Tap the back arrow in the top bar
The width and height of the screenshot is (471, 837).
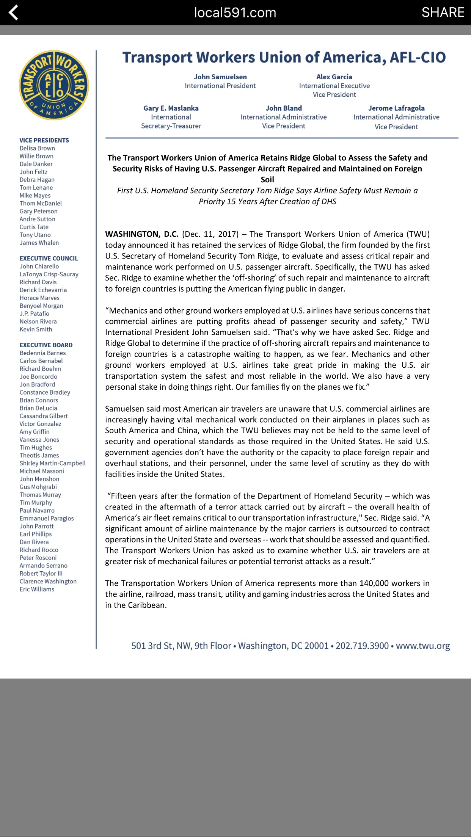pyautogui.click(x=14, y=13)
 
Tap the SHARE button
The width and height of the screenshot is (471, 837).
pyautogui.click(x=443, y=13)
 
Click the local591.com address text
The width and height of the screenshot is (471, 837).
pyautogui.click(x=235, y=13)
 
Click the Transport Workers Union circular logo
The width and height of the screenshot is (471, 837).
pyautogui.click(x=54, y=85)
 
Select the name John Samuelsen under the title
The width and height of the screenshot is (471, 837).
pyautogui.click(x=220, y=77)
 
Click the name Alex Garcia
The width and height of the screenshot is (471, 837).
pyautogui.click(x=334, y=77)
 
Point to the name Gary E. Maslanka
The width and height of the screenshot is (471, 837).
pyautogui.click(x=171, y=108)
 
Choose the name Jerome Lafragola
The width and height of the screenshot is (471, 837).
pyautogui.click(x=396, y=108)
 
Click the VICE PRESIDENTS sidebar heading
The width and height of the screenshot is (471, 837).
pyautogui.click(x=44, y=140)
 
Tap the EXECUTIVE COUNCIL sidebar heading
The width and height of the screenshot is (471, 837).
pyautogui.click(x=49, y=259)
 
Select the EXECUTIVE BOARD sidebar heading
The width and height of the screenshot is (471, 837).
pyautogui.click(x=46, y=345)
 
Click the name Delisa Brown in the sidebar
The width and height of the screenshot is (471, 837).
pyautogui.click(x=37, y=148)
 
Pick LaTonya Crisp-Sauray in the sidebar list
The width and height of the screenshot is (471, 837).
pyautogui.click(x=49, y=274)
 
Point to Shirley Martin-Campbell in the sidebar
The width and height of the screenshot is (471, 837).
pyautogui.click(x=52, y=463)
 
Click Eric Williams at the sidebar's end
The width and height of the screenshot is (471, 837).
pyautogui.click(x=37, y=589)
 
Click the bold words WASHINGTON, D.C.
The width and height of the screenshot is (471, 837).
pyautogui.click(x=142, y=234)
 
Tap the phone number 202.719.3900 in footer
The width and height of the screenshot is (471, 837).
pyautogui.click(x=362, y=646)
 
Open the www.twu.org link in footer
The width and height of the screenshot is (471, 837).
pyautogui.click(x=423, y=646)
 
